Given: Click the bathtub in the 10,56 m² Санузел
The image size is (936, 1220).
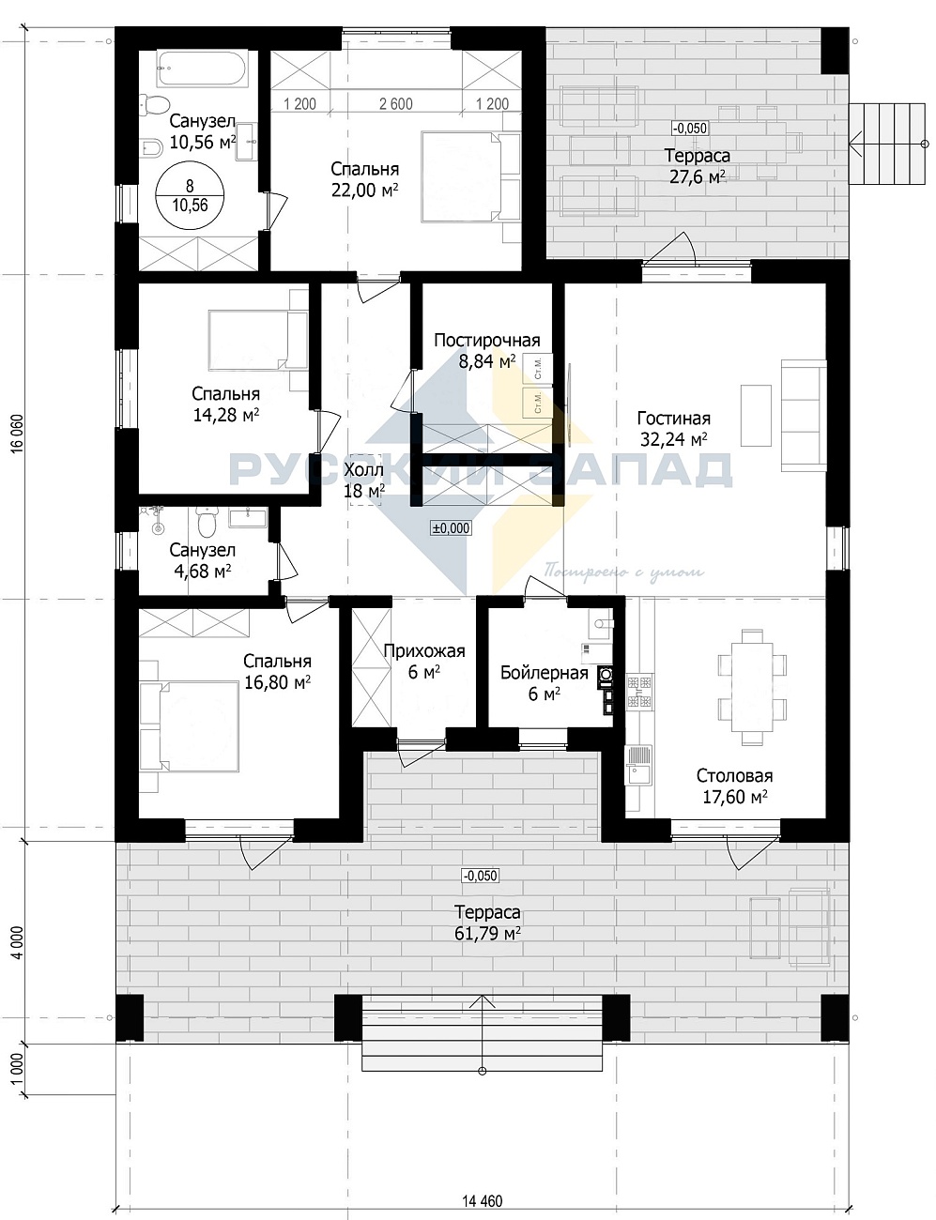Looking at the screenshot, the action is click(x=202, y=69).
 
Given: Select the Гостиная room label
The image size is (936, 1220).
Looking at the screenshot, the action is click(x=674, y=419).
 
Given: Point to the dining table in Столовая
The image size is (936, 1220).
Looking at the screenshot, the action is click(x=751, y=688).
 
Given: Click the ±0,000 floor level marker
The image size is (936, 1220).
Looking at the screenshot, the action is click(x=451, y=527).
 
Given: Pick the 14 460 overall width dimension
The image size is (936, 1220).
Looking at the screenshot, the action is click(x=483, y=1197).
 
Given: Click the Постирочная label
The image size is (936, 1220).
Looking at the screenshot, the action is click(x=487, y=341).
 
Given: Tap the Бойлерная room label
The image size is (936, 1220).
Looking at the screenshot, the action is click(x=545, y=673).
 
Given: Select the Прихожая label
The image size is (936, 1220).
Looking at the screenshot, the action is click(x=424, y=651).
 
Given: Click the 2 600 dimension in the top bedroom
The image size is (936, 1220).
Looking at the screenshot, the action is click(x=396, y=104).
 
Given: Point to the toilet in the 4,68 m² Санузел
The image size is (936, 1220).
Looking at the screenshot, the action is click(x=207, y=520).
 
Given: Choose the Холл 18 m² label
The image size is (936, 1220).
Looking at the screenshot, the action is click(x=364, y=480).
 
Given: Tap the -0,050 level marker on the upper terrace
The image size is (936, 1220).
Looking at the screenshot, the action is click(x=690, y=129).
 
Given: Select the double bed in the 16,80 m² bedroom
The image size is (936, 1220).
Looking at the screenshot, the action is click(x=190, y=726).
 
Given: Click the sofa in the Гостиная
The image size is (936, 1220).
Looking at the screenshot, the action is click(x=804, y=416).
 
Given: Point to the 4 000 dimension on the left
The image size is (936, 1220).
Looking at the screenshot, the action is click(x=17, y=943).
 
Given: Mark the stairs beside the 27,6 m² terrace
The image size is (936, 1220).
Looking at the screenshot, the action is click(x=886, y=144).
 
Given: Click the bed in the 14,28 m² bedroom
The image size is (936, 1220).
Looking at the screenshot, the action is click(x=258, y=342).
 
